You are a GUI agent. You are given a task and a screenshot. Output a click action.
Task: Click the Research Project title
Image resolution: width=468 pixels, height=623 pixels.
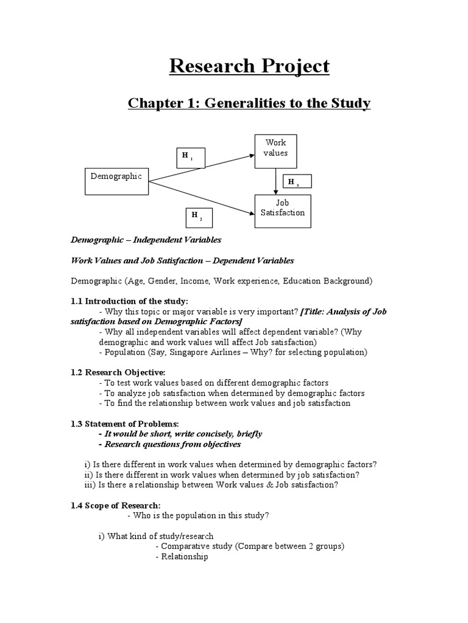point(249,66)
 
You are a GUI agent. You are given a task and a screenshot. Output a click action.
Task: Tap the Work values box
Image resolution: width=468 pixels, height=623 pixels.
point(275,151)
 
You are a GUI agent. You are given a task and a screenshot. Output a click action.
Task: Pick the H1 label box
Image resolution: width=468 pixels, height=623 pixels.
point(191,158)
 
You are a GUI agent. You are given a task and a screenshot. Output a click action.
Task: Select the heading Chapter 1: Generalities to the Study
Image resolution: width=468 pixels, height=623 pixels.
point(249,103)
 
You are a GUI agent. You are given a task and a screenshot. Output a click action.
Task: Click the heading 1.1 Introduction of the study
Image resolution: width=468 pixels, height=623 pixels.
point(130,301)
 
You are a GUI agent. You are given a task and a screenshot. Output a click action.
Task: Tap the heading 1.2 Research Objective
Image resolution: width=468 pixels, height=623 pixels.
point(118,372)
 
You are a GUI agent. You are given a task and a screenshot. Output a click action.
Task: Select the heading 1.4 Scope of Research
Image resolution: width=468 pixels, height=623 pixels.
point(116,505)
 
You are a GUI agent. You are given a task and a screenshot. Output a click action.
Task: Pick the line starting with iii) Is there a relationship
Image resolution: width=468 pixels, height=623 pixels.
point(211,485)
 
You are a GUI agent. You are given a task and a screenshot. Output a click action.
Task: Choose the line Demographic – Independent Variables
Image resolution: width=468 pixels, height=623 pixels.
point(146,240)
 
